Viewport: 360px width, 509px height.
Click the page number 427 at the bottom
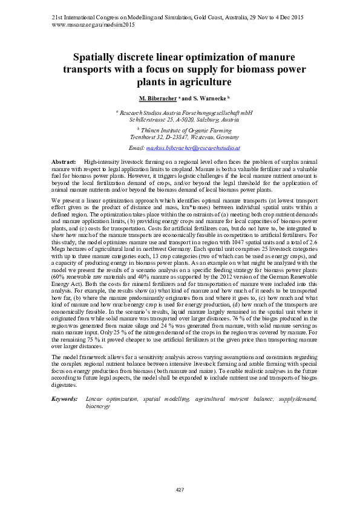click(180, 488)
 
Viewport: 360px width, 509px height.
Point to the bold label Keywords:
click(64, 399)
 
